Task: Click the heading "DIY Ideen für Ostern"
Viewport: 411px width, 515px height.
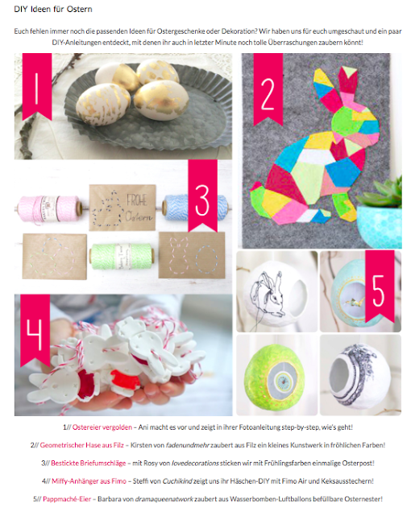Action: [53, 9]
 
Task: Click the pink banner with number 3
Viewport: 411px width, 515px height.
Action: [202, 195]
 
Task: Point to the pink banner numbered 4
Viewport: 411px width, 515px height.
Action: [35, 329]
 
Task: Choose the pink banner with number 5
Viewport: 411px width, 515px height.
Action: [380, 285]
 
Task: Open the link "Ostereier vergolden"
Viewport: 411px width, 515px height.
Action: [102, 427]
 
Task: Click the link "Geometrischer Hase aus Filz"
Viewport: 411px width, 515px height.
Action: [82, 445]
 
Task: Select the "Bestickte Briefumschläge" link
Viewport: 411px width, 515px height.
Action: [89, 463]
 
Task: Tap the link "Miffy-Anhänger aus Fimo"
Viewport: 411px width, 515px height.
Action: [89, 481]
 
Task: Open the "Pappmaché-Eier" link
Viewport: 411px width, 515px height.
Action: [67, 499]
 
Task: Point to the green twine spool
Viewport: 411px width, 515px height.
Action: [122, 257]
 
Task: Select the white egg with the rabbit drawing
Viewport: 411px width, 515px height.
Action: [277, 291]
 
